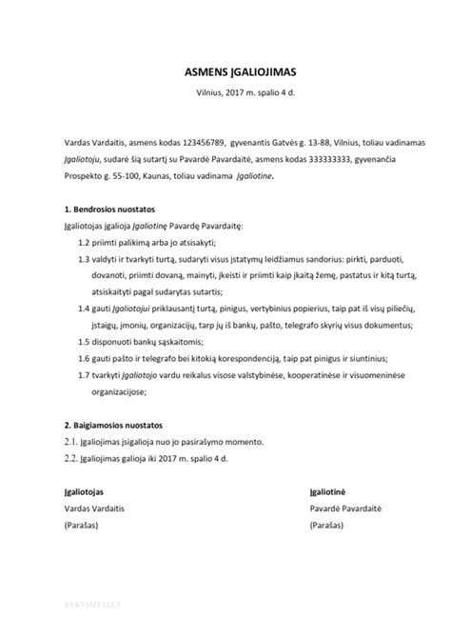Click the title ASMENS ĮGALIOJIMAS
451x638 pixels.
[x=225, y=70]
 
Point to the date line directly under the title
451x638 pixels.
[x=225, y=91]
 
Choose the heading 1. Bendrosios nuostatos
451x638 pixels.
[x=108, y=208]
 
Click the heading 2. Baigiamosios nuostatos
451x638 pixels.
[x=112, y=422]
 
